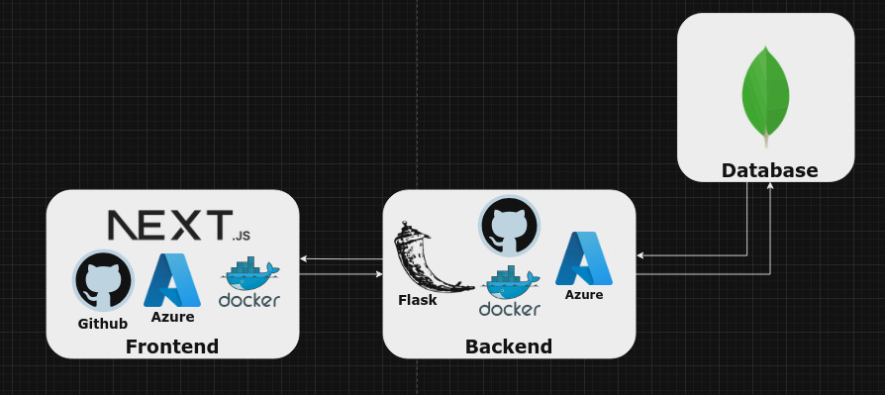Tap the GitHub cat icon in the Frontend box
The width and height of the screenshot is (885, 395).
point(103,280)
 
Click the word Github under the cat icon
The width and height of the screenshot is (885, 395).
point(103,324)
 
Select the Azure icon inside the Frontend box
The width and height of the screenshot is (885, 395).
point(172,280)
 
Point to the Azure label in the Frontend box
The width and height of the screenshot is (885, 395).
point(172,317)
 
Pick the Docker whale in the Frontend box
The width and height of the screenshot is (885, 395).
point(249,284)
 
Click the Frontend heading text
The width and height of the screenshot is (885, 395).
point(172,346)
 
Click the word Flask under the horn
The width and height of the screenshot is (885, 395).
point(418,300)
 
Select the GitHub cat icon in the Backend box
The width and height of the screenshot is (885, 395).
point(509,226)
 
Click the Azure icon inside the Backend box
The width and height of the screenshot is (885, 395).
point(584,258)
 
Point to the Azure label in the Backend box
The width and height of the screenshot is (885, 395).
point(584,295)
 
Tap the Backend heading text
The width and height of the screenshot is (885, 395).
point(509,346)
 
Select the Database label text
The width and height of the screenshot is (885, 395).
point(769,170)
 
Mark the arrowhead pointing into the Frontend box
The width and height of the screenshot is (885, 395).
point(304,258)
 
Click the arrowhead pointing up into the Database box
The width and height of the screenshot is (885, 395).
point(770,186)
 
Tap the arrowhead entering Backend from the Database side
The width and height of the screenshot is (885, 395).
point(640,255)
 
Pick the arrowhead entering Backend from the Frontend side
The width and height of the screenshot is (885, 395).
point(378,273)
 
